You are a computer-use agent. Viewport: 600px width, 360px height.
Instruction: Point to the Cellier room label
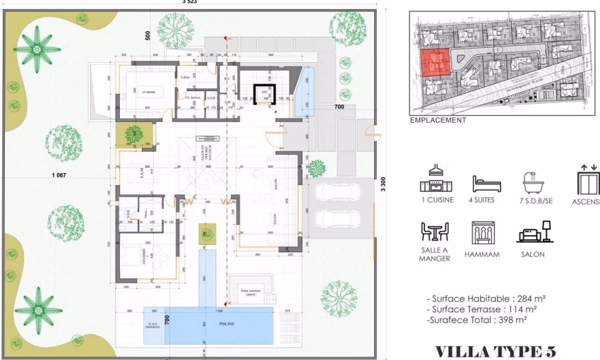185,77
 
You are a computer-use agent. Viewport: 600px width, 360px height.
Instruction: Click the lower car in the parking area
337,219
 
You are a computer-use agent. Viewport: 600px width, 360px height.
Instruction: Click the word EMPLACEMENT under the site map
438,120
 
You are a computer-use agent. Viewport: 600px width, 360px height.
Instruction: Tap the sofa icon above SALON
534,233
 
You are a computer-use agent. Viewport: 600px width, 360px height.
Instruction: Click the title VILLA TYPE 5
495,351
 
